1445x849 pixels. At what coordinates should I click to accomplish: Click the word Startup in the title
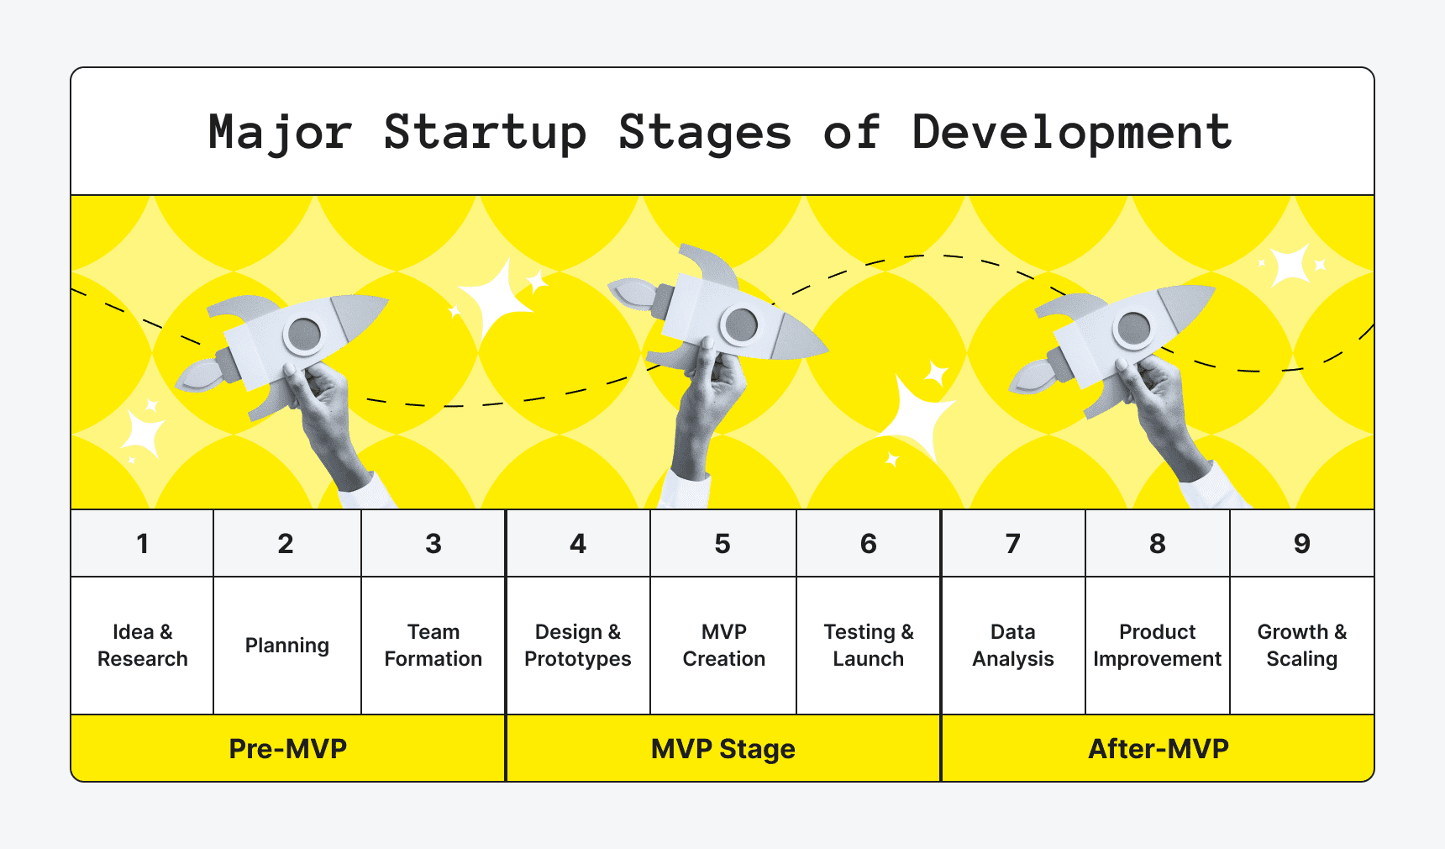coord(485,133)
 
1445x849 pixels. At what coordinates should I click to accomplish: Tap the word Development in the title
coord(1072,133)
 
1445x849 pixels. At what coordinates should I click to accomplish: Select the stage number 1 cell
coord(143,544)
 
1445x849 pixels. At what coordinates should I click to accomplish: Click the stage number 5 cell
coord(722,544)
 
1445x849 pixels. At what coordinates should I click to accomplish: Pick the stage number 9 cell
coord(1301,544)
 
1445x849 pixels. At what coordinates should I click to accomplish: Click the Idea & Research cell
coord(143,646)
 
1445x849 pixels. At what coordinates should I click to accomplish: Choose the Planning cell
coord(287,646)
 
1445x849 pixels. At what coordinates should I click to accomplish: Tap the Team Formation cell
coord(433,646)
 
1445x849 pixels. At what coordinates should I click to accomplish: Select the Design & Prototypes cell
coord(578,646)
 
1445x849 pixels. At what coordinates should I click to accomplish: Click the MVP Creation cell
coord(723,646)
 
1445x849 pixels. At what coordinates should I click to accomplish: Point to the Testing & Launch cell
coord(869,646)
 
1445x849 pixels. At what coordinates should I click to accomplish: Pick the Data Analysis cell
coord(1013,646)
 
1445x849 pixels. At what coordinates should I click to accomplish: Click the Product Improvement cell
coord(1157,646)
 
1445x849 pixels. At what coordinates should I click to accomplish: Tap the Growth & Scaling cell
coord(1301,646)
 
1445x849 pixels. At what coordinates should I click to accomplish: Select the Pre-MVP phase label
coord(288,748)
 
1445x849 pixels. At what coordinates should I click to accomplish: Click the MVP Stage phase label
coord(723,748)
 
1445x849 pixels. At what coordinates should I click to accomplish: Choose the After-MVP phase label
coord(1158,748)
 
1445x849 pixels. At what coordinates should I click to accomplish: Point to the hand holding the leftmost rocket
coord(323,403)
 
